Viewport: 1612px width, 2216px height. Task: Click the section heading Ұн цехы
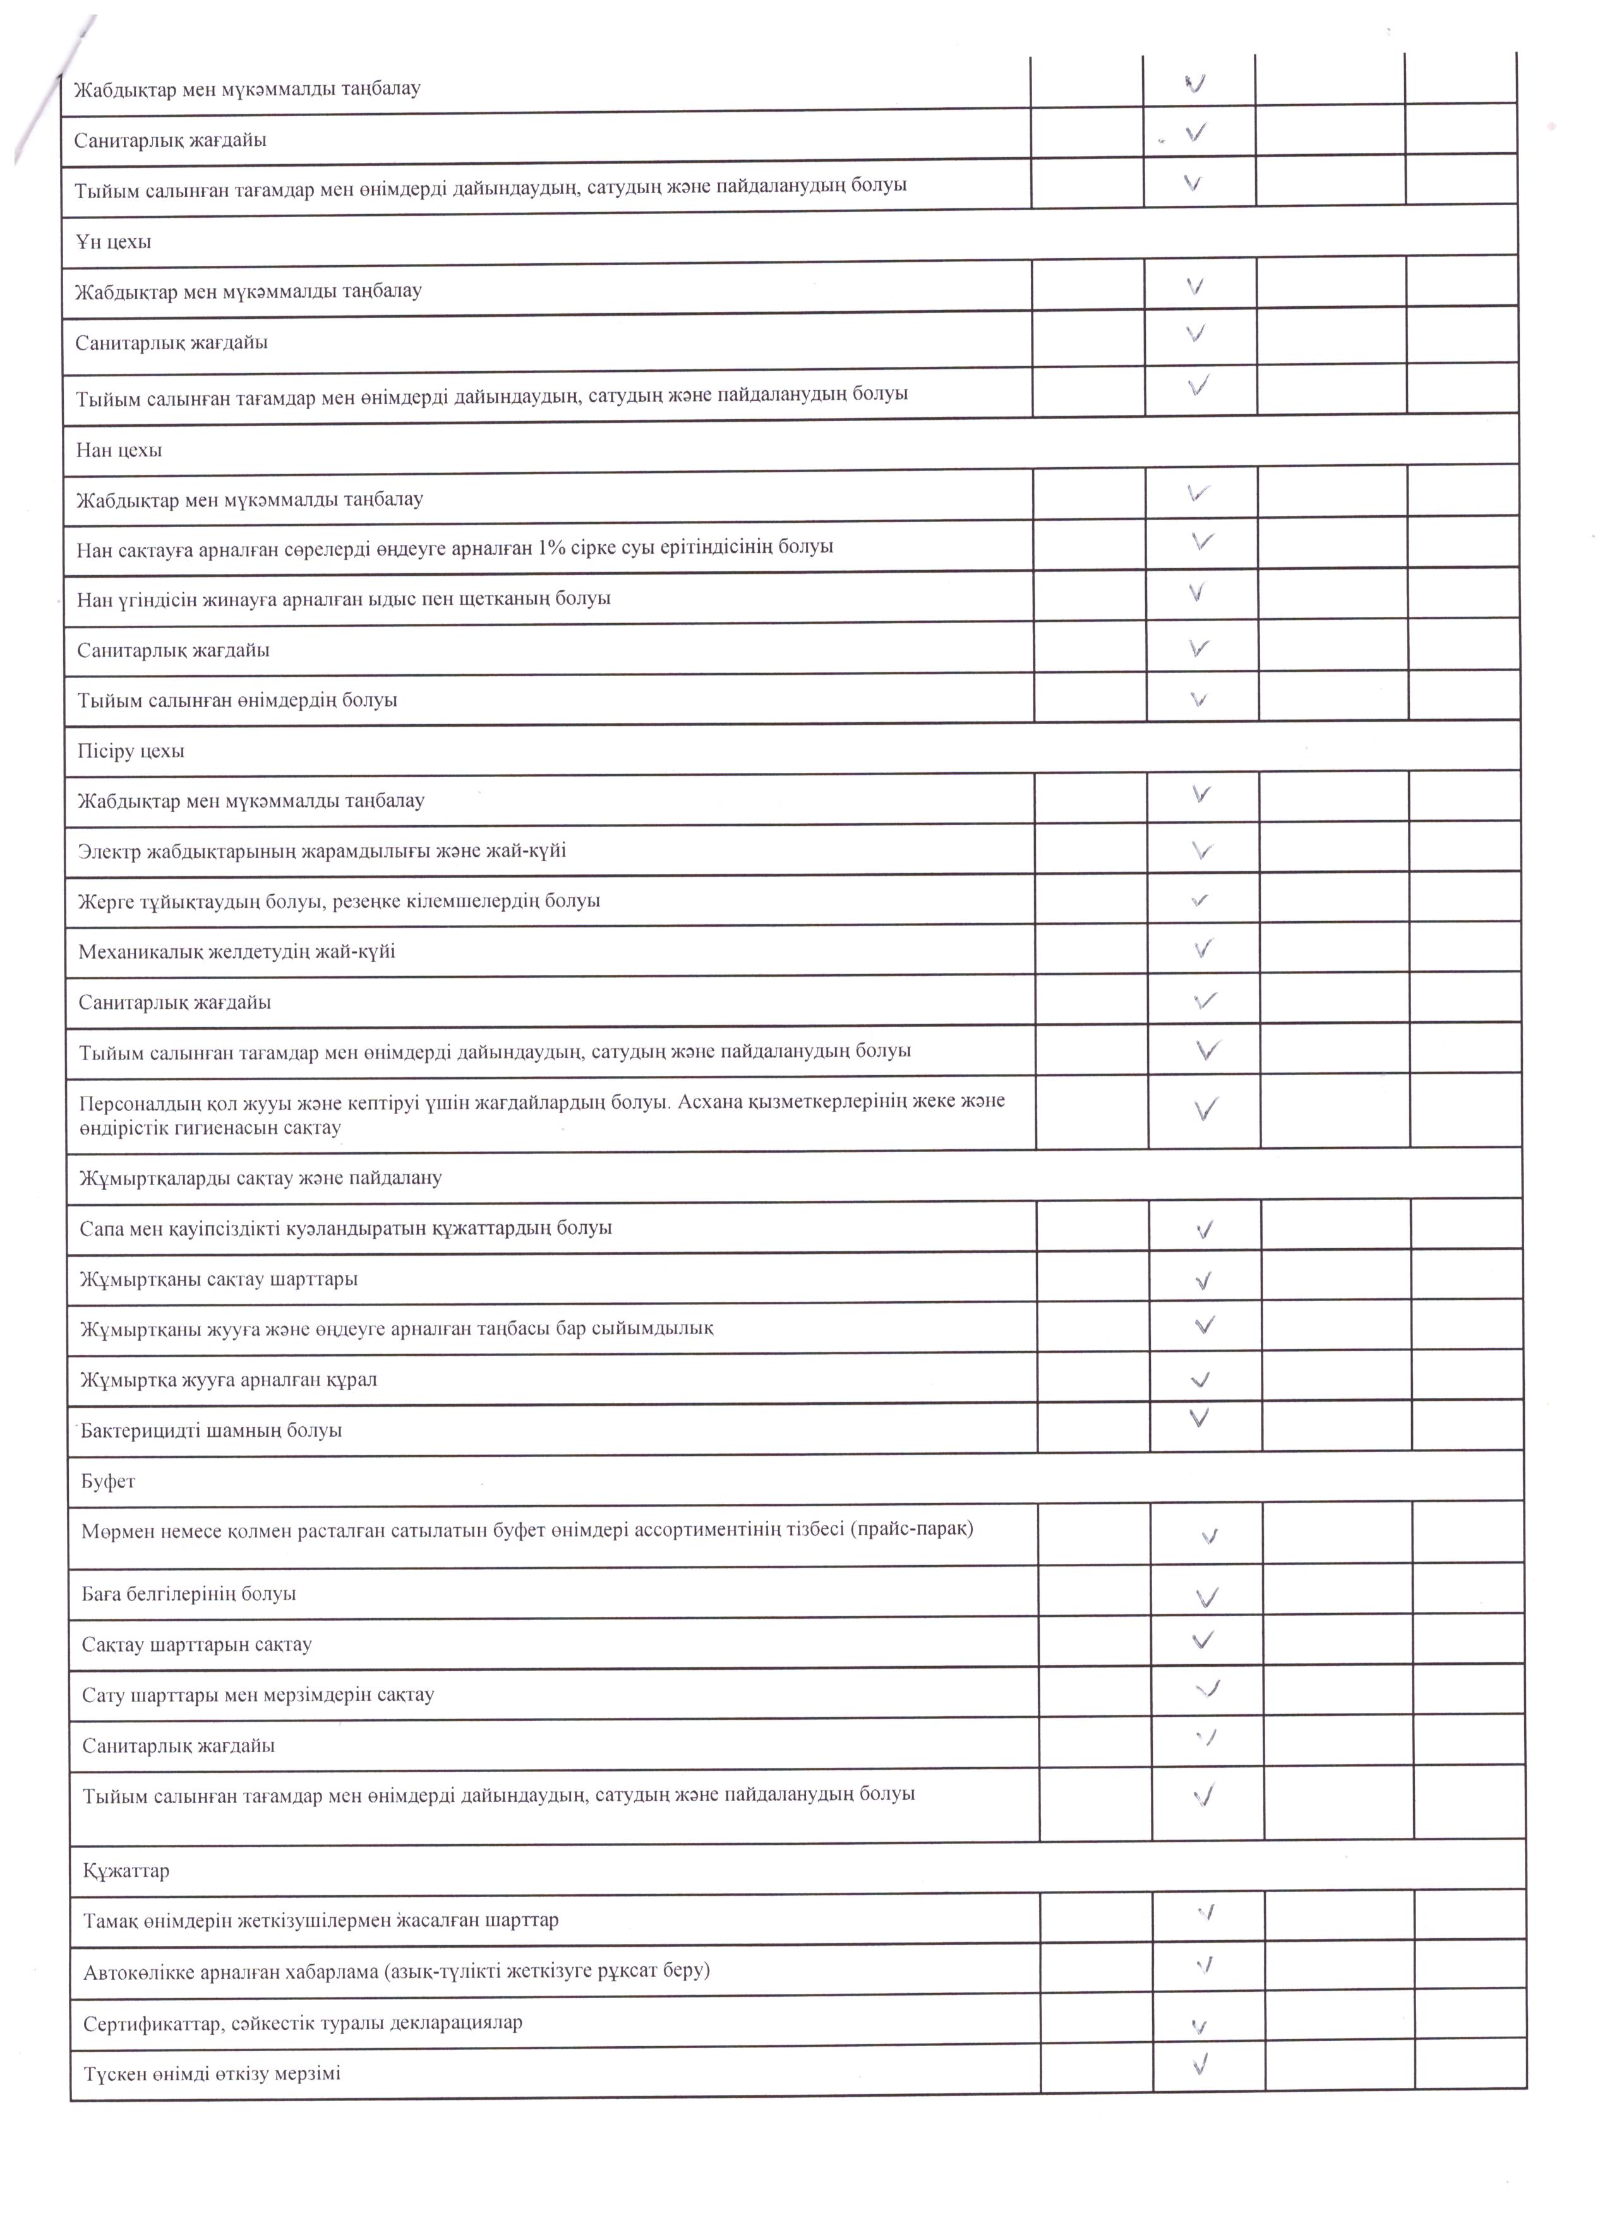[114, 241]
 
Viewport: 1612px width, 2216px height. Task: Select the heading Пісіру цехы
[131, 751]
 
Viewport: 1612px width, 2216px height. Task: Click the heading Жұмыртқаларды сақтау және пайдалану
[261, 1177]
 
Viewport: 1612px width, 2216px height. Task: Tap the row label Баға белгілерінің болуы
[189, 1593]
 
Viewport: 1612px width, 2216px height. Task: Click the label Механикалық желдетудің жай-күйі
[237, 951]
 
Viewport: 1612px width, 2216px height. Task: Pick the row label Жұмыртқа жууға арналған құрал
[229, 1379]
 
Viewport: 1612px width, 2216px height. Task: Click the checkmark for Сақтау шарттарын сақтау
[1205, 1640]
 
